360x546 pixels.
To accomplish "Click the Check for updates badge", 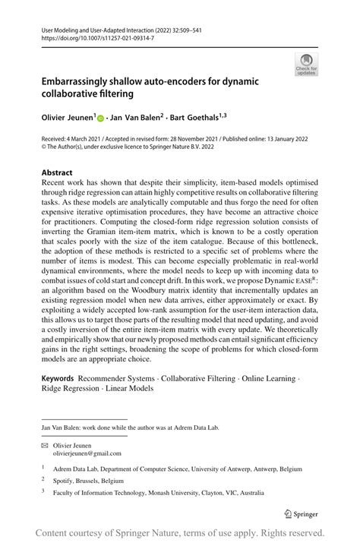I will coord(307,64).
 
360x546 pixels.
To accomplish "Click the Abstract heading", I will coord(57,172).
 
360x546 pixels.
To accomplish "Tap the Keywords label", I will coord(58,377).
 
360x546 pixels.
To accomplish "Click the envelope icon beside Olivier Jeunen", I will coord(45,444).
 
